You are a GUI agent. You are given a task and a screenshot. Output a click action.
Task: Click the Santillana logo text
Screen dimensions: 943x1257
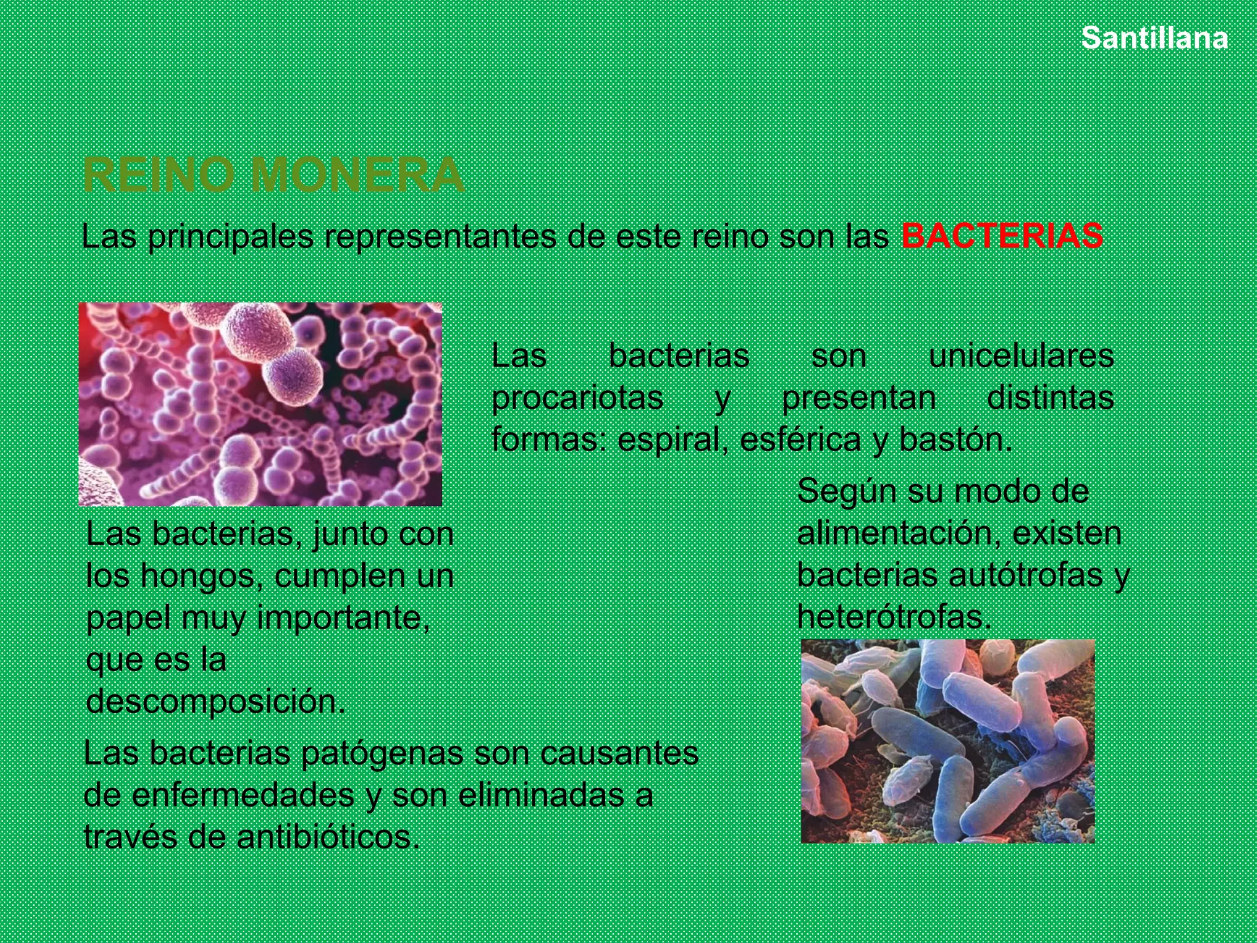[1155, 39]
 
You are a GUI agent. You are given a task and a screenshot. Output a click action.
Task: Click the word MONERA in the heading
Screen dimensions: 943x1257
[357, 176]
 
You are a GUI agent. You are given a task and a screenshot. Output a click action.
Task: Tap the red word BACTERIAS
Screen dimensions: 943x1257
[1002, 236]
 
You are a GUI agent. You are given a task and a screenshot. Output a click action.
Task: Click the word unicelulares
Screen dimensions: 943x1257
[1021, 355]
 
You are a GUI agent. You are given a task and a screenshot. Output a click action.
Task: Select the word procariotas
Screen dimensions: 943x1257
[577, 397]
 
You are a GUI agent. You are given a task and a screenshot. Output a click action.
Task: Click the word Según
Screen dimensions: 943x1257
[847, 491]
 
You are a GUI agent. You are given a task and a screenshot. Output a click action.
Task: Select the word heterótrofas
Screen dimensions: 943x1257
[894, 616]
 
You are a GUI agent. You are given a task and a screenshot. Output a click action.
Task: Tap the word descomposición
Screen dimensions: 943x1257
[215, 701]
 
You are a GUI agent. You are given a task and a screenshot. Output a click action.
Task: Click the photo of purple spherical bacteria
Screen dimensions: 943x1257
[260, 404]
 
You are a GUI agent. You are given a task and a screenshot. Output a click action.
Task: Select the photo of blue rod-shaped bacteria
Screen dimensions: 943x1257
[948, 740]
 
